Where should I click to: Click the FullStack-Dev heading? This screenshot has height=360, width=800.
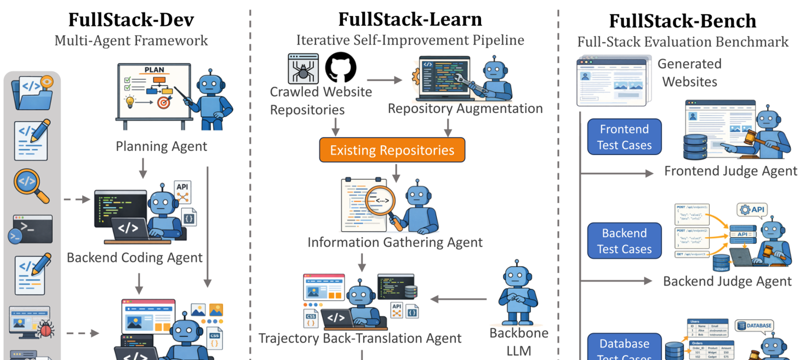(131, 20)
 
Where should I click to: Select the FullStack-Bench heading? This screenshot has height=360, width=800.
(682, 21)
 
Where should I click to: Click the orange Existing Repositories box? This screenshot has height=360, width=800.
(392, 150)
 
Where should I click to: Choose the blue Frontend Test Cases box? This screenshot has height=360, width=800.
(624, 137)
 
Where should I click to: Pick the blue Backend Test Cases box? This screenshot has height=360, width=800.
(624, 241)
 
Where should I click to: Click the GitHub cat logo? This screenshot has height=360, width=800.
(340, 68)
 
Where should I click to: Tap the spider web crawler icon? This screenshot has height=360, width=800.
(303, 68)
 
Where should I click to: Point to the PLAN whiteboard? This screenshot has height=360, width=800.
(153, 92)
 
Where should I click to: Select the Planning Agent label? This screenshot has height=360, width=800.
(161, 146)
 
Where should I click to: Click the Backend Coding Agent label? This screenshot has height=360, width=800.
(135, 258)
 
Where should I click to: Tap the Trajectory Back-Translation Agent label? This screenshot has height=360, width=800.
(360, 338)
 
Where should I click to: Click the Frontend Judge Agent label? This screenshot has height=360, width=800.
(730, 171)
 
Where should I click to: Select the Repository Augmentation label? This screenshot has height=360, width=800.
(465, 108)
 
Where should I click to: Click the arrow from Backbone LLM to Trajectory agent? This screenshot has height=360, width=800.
(459, 299)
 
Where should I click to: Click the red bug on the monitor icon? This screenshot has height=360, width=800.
(43, 329)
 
